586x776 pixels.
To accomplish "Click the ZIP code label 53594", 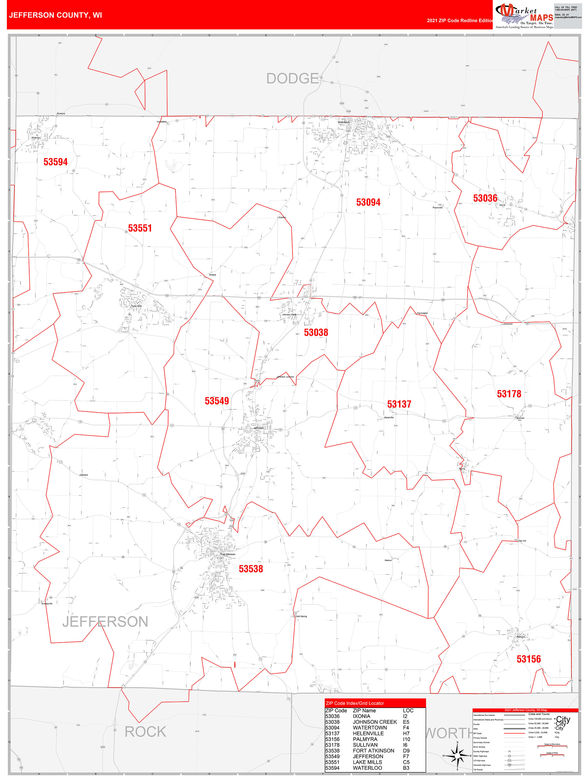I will coord(56,162).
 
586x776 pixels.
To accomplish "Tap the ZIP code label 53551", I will coord(140,228).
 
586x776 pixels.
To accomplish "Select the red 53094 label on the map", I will coord(368,202).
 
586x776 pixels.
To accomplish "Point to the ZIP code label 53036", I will coord(485,198).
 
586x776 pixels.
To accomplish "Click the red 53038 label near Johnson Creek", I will coord(316,332).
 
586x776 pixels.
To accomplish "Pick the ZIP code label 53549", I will coord(216,401).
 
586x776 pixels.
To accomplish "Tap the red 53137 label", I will coord(399,404).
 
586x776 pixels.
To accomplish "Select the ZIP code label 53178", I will coord(509,394).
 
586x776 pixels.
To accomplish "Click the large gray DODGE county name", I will coord(292,78).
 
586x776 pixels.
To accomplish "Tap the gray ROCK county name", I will coord(145,732).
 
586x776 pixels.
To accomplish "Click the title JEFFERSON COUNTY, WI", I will coord(56,15).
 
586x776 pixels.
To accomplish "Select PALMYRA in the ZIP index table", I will coord(365,739).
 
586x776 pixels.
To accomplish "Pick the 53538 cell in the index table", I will coord(332,750).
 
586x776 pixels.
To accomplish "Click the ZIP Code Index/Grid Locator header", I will coord(355,703).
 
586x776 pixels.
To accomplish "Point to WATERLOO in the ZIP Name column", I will coord(367,768).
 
